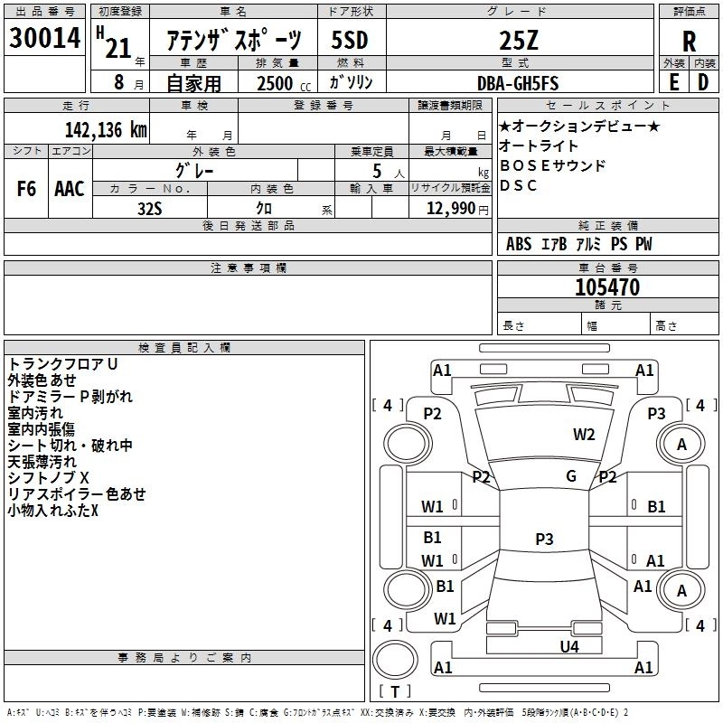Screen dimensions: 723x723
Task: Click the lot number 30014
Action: [x=43, y=39]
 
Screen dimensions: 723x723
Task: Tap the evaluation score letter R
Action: [x=689, y=42]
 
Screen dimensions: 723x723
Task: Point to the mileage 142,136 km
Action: [x=106, y=129]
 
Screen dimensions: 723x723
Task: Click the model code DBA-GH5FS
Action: [x=517, y=83]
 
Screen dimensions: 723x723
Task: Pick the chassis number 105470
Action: [x=607, y=287]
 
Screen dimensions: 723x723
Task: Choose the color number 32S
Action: [x=150, y=208]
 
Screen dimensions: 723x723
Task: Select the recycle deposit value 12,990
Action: [x=449, y=208]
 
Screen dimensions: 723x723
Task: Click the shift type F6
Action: [x=27, y=188]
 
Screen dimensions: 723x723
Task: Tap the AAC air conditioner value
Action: [x=70, y=188]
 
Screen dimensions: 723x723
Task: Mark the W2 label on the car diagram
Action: [x=584, y=435]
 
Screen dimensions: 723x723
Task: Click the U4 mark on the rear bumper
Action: [x=568, y=646]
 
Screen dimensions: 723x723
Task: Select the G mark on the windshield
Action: [x=571, y=476]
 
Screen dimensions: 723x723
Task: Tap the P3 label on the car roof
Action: [x=544, y=540]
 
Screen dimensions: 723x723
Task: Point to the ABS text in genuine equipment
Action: [x=519, y=244]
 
